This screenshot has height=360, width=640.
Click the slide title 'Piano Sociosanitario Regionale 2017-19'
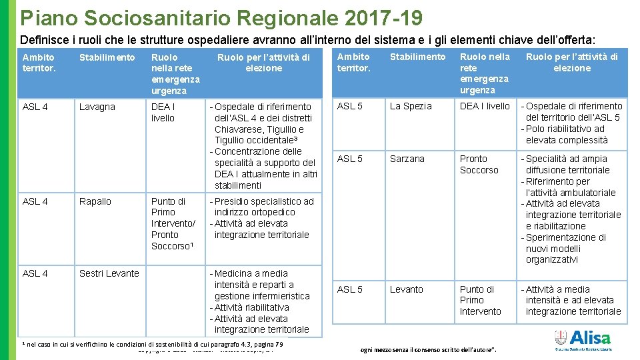coord(221,17)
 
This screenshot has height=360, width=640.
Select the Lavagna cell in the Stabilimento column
coord(97,107)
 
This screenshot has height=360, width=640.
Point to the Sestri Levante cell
coord(109,273)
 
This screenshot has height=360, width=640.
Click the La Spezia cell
coord(411,106)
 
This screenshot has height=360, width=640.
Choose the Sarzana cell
coord(407,159)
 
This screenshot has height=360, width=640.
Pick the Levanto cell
coord(406,289)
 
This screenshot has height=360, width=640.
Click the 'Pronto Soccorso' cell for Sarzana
coord(479,164)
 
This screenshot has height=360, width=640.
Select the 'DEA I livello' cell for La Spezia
coord(485,106)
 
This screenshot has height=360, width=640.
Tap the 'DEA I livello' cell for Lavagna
coord(163,112)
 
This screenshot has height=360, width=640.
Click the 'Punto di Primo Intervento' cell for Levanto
coord(480,300)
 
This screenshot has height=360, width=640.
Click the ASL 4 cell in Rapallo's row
coord(35,201)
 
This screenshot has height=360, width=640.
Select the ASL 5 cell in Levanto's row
coord(350,289)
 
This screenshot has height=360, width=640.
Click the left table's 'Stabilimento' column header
coord(107,57)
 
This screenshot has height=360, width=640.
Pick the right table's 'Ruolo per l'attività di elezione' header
coord(571,62)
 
